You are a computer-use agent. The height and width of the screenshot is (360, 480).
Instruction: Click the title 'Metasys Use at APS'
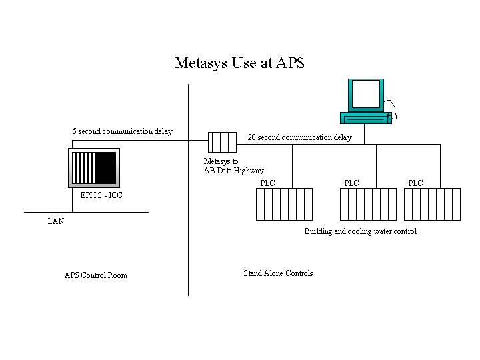pos(239,63)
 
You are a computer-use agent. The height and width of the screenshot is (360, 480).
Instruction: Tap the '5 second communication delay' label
pos(122,131)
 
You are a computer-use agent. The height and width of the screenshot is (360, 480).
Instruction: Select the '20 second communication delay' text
pos(299,137)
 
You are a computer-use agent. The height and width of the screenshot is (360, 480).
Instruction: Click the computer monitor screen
pos(366,94)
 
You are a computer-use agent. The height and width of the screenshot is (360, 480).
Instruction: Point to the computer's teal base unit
pos(365,118)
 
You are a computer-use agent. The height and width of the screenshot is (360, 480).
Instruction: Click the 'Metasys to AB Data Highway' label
pos(233,166)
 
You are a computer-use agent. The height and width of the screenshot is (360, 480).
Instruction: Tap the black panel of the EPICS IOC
pos(105,167)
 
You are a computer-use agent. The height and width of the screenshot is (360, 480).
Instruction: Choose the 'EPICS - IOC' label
pos(101,195)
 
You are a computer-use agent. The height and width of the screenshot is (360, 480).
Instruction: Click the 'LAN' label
pos(56,221)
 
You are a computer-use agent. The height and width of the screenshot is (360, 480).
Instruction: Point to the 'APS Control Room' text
pos(96,275)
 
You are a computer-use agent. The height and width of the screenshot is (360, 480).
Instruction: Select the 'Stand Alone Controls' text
pos(278,273)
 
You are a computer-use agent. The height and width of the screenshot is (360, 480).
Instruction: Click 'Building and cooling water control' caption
pos(360,231)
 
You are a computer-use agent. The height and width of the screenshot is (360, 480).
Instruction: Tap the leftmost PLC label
pos(267,183)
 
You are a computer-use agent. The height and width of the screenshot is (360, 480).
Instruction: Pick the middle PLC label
pos(351,183)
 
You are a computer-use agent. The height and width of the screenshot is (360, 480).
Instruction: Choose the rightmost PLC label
pos(415,183)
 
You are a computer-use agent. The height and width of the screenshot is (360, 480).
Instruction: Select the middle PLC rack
pos(368,204)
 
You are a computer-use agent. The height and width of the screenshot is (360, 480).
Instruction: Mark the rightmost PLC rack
pos(432,204)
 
